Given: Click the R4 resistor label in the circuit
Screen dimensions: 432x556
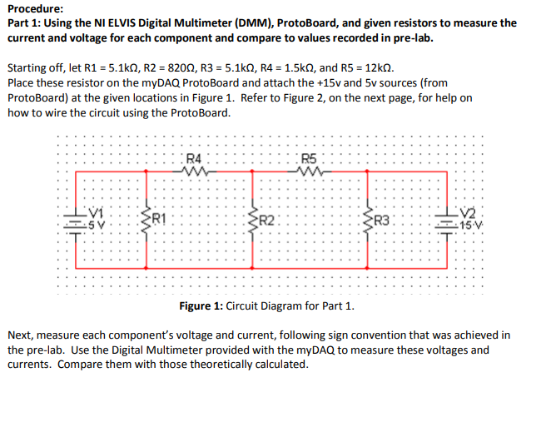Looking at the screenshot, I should (x=193, y=159).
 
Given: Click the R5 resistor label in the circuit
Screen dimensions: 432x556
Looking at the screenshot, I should (x=310, y=159).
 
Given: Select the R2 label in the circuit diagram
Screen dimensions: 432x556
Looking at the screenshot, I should (x=266, y=221).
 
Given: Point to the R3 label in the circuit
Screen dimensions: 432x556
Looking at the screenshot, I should (x=382, y=221).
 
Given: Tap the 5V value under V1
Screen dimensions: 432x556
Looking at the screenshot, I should (x=97, y=225).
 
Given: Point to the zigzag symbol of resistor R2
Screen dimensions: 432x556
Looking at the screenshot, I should (x=253, y=221).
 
